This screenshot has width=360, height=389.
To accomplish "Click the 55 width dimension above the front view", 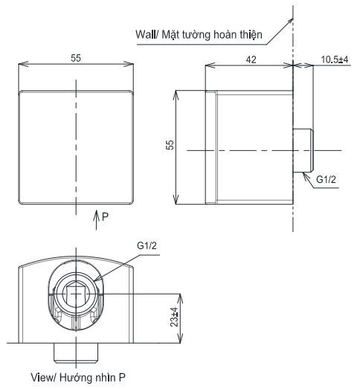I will click(77, 57).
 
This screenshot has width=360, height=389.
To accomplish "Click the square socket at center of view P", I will click(76, 295).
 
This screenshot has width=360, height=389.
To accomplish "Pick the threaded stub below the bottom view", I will click(76, 350).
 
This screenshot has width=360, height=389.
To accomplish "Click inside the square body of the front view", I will click(77, 147).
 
